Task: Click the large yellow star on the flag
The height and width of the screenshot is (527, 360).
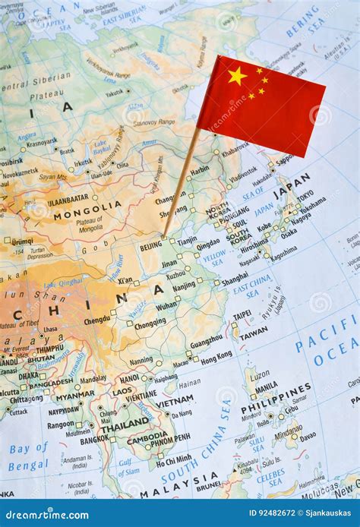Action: point(237,75)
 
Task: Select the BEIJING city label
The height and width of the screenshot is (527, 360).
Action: point(150,246)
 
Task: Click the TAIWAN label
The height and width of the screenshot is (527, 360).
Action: point(253,333)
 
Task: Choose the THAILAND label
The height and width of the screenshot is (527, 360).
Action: point(125,423)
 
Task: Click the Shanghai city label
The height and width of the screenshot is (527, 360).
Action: point(234,279)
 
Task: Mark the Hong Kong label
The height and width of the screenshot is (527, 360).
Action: point(216,355)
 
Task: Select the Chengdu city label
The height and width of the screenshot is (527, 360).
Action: point(97,320)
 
